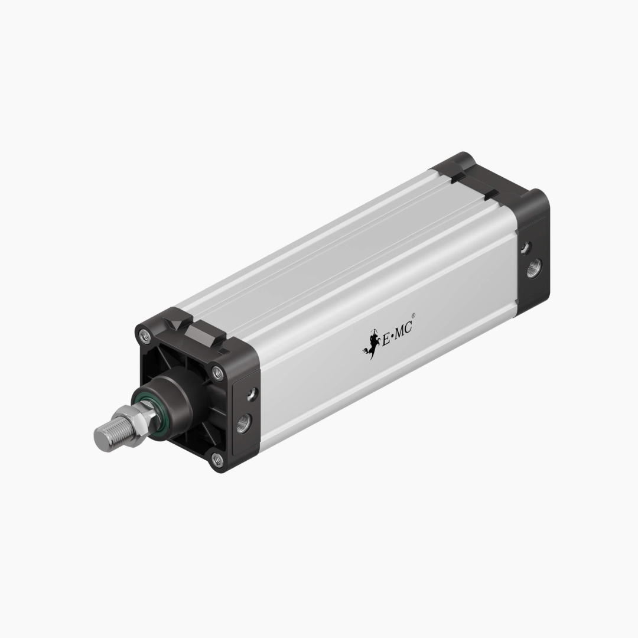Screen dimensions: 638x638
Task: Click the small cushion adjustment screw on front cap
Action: [252, 393]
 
